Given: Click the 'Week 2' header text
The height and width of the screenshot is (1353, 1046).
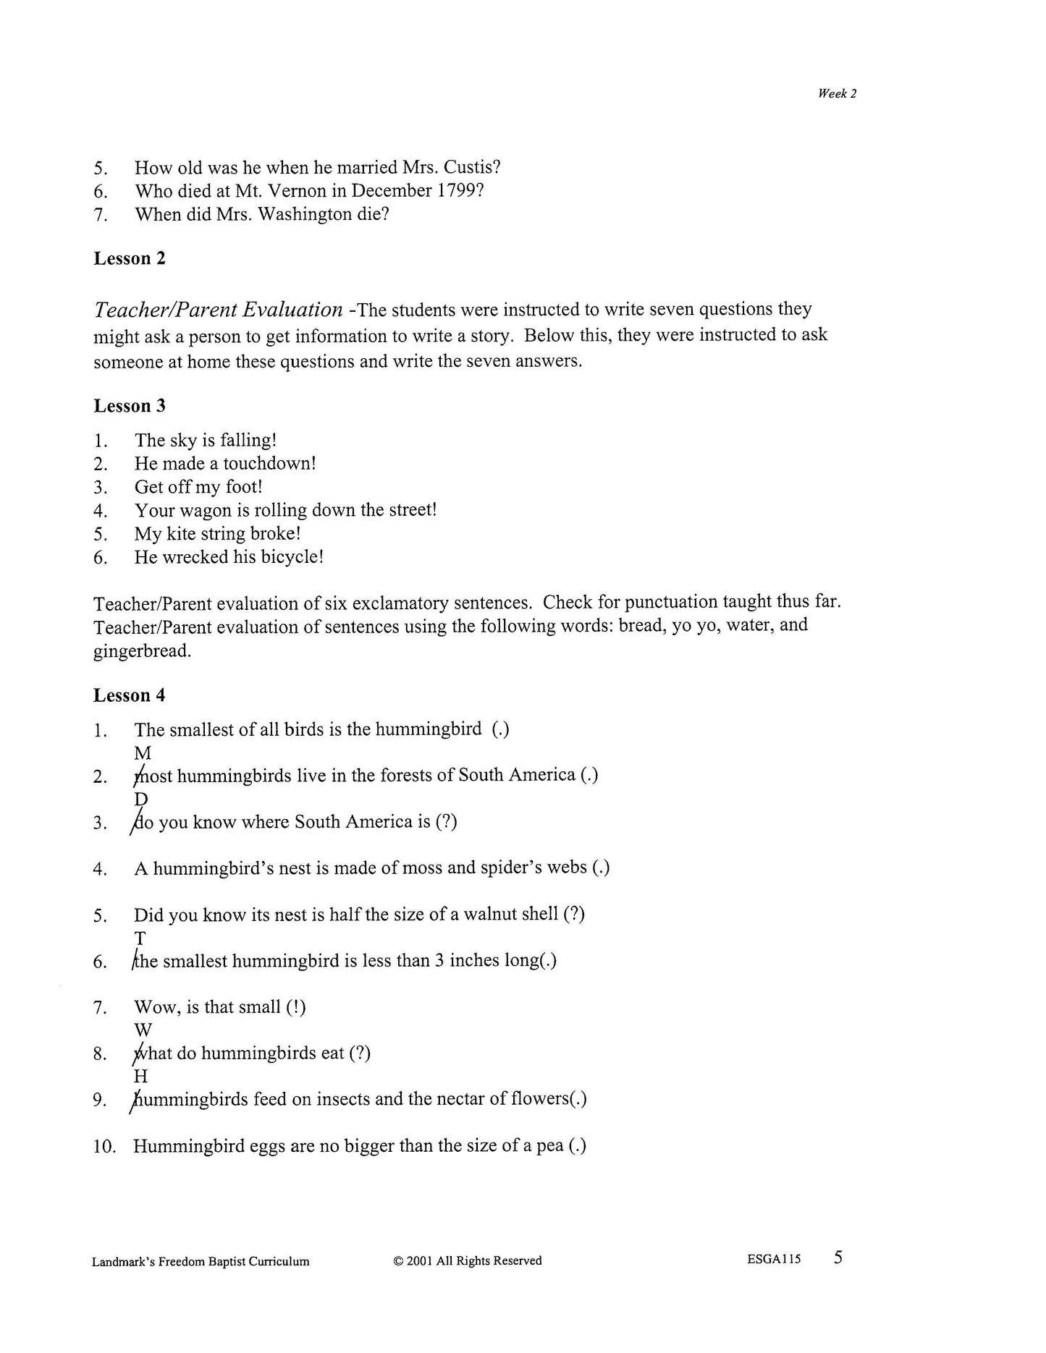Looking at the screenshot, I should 837,93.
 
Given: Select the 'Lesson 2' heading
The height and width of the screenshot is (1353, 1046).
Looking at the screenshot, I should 130,259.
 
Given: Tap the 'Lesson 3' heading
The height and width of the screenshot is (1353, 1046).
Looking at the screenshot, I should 130,406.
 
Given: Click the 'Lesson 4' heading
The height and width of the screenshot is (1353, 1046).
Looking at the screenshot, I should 130,695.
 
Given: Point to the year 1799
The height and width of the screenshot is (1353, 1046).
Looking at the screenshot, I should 459,191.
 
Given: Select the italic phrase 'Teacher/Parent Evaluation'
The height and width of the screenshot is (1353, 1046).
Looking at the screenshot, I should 218,310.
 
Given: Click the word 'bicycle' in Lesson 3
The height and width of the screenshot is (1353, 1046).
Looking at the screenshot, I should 285,557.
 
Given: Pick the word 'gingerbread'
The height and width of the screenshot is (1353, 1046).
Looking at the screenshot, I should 141,650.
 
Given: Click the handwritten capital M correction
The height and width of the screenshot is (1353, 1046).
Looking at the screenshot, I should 143,753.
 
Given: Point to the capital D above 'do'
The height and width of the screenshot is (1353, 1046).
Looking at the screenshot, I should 141,799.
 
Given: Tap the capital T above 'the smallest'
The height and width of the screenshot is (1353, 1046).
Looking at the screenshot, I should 140,938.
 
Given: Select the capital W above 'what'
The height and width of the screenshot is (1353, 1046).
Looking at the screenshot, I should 143,1030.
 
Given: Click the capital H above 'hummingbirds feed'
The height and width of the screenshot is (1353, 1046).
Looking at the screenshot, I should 141,1077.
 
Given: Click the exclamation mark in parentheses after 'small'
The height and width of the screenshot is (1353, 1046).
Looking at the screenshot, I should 296,1007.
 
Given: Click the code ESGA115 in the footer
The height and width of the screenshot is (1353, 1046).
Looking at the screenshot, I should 774,1260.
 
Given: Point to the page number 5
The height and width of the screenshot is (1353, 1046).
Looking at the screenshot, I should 838,1258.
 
